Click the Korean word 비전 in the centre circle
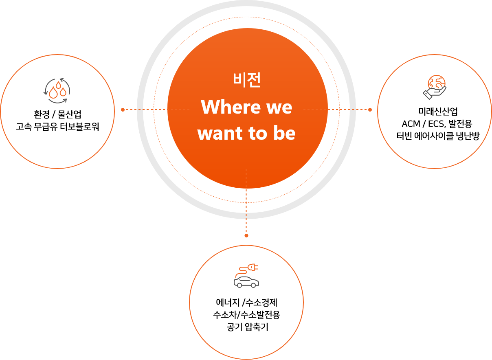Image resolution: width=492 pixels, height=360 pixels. [x=247, y=80]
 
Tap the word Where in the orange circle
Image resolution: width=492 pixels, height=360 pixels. [x=225, y=107]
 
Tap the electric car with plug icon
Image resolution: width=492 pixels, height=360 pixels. [x=246, y=276]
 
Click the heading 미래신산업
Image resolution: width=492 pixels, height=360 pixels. [x=435, y=111]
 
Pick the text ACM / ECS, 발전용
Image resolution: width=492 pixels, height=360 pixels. [x=435, y=123]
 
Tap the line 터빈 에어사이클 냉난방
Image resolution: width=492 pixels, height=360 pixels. [x=435, y=136]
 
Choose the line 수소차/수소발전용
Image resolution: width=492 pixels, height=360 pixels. [x=246, y=315]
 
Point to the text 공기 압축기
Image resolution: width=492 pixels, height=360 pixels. [x=246, y=327]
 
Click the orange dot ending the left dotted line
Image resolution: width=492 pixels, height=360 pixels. [x=123, y=110]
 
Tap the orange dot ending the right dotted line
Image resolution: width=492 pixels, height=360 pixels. [x=370, y=110]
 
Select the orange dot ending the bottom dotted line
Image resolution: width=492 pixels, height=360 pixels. [x=246, y=235]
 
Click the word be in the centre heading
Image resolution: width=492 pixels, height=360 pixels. [x=284, y=134]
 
